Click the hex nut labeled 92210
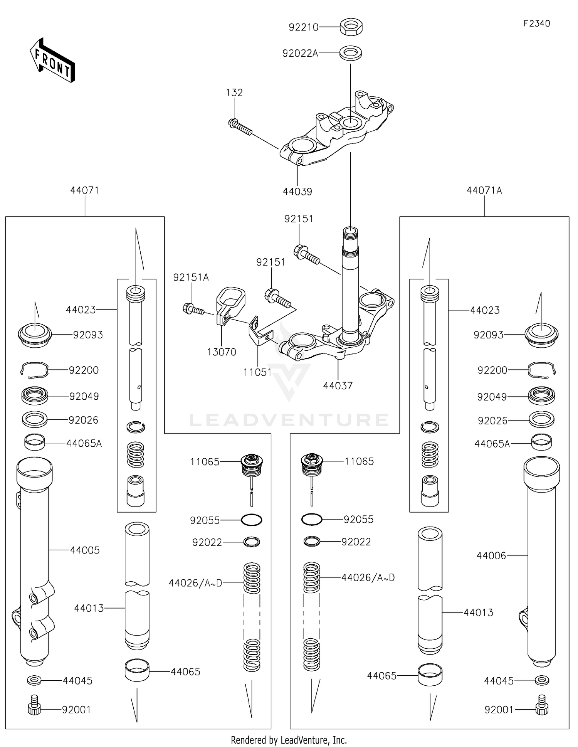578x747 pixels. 351,27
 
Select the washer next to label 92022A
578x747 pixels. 351,53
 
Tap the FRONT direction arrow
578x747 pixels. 52,61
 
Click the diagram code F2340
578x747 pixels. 536,24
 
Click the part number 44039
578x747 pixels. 297,192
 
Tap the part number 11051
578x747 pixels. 257,372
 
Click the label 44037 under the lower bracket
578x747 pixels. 338,385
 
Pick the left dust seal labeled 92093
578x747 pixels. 35,335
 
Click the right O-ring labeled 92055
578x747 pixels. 311,520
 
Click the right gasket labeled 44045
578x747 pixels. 542,680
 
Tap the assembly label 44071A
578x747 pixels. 484,190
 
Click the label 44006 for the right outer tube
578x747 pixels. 491,555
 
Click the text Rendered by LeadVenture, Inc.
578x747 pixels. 289,740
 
